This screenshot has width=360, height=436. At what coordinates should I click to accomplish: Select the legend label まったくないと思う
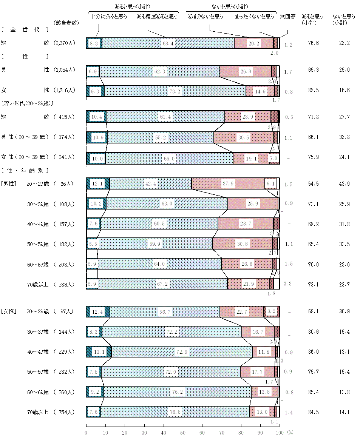(x=254, y=17)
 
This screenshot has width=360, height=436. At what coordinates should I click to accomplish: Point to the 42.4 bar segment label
(x=150, y=184)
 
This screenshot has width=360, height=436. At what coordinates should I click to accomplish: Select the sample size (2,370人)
(x=65, y=43)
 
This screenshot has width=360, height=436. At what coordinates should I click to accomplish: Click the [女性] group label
(x=8, y=311)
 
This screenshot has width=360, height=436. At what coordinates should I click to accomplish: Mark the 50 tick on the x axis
(x=183, y=432)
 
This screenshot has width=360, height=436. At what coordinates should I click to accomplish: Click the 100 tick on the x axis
(x=280, y=432)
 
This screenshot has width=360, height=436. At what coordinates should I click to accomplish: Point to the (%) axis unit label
(x=290, y=432)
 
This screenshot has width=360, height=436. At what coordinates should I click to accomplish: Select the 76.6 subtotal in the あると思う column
(x=313, y=43)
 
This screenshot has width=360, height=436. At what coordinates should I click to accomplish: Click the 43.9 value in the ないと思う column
(x=344, y=184)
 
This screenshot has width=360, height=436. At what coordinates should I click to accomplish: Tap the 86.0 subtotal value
(x=313, y=352)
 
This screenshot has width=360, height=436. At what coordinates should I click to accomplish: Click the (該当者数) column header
(x=66, y=23)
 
